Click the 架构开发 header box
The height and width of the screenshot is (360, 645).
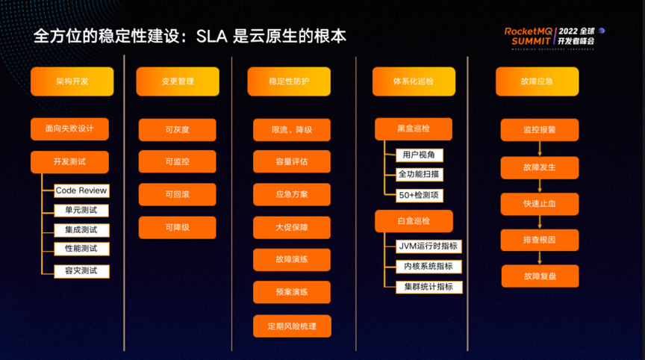click(x=72, y=81)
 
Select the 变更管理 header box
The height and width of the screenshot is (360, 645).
click(x=178, y=81)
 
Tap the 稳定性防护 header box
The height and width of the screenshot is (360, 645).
click(x=289, y=81)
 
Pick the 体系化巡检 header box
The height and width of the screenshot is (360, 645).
click(x=414, y=81)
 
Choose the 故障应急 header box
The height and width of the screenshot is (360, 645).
click(x=537, y=81)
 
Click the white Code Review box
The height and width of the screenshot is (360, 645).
click(x=81, y=190)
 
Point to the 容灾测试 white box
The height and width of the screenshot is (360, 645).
click(x=81, y=271)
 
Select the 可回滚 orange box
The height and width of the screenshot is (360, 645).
click(x=177, y=194)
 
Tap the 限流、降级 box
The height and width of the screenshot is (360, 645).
click(x=292, y=130)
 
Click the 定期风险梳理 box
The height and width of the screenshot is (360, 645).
click(x=292, y=326)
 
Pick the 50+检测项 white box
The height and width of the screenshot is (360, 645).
click(x=419, y=195)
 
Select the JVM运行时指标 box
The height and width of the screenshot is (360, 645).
click(x=429, y=246)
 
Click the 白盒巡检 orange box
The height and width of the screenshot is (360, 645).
click(x=414, y=221)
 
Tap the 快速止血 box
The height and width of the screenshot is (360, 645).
click(x=540, y=204)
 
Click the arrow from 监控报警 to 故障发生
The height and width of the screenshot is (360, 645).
click(x=540, y=149)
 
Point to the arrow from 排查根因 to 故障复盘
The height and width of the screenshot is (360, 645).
click(x=540, y=258)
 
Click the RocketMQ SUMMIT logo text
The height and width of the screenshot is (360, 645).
click(x=529, y=36)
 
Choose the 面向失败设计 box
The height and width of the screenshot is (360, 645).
click(x=69, y=128)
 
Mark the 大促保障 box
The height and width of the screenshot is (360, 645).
click(x=292, y=227)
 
